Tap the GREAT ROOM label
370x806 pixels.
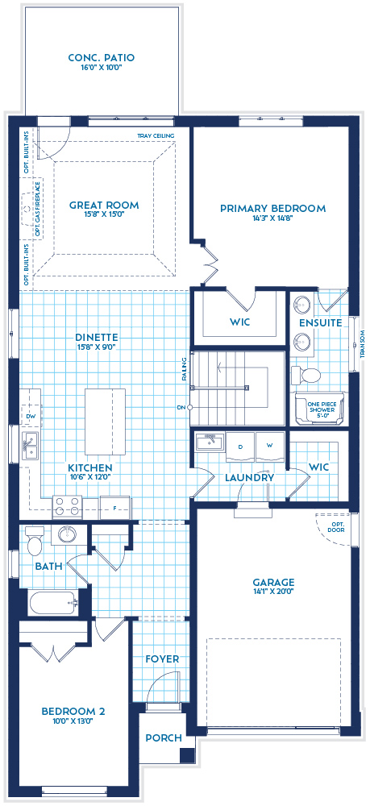[x=103, y=206]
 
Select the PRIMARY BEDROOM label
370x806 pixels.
[x=272, y=209]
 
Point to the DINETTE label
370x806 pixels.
[x=98, y=338]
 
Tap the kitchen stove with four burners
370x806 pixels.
[x=68, y=506]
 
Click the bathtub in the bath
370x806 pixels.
[x=50, y=600]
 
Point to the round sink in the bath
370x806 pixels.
[x=66, y=534]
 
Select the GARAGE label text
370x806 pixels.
[x=272, y=582]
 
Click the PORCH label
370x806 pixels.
[x=164, y=737]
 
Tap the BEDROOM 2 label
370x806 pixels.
[x=74, y=712]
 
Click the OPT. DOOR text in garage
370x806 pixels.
[x=334, y=527]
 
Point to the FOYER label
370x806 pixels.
[x=162, y=659]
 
